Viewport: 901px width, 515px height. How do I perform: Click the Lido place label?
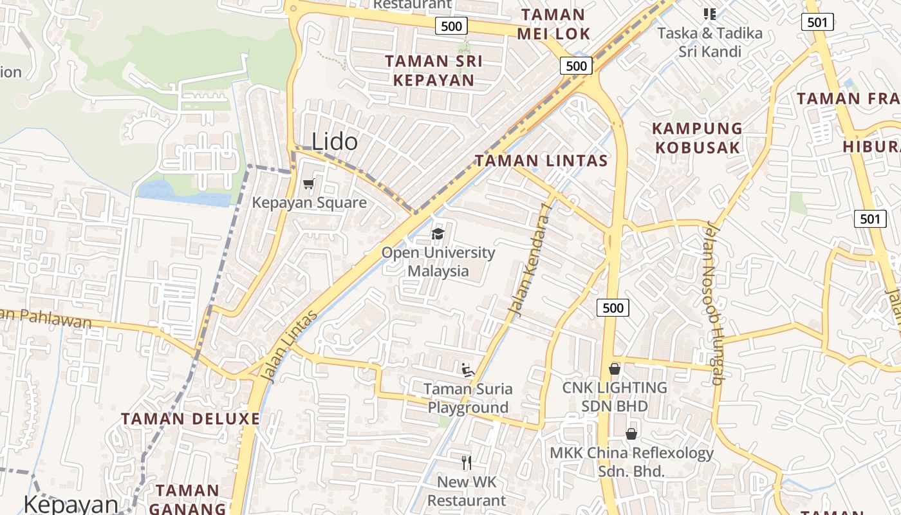(335, 142)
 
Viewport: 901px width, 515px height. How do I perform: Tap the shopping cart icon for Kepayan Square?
(309, 185)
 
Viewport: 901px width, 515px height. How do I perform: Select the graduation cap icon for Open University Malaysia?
(438, 234)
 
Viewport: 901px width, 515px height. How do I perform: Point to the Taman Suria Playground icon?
(468, 370)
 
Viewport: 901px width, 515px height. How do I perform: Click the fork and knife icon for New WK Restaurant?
(467, 462)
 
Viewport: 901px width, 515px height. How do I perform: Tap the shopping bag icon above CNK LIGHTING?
(615, 369)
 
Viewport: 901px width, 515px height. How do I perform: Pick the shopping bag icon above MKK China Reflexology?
(631, 434)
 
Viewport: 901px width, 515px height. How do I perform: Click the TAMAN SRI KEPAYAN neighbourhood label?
(433, 71)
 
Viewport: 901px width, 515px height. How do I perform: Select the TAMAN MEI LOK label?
(553, 24)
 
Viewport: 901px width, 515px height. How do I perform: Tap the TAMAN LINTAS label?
(541, 160)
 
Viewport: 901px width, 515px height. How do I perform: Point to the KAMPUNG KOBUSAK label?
(698, 138)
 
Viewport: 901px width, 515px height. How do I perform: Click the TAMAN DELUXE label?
(190, 419)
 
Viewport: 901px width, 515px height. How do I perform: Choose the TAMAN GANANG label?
(187, 499)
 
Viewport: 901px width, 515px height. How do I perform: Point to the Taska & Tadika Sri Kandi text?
(710, 42)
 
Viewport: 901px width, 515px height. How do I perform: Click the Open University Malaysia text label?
(438, 261)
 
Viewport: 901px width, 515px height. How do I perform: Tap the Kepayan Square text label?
(309, 203)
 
